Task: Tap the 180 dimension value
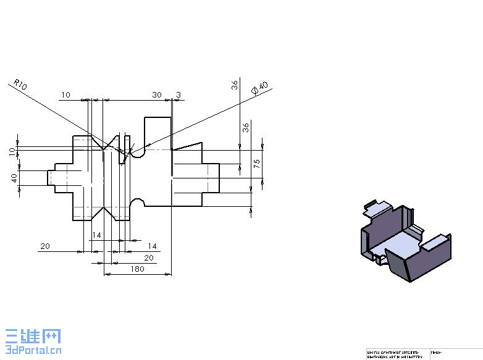tap(137, 269)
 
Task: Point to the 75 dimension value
tap(256, 164)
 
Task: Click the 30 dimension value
tap(157, 94)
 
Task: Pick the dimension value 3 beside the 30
tap(178, 94)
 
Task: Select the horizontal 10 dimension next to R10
tap(65, 94)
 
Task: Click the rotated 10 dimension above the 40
tap(12, 151)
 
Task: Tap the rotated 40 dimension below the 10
tap(14, 177)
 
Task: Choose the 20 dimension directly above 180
tap(148, 257)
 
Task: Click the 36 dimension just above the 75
tap(245, 128)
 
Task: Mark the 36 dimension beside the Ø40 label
tap(235, 85)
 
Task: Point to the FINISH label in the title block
tap(437, 352)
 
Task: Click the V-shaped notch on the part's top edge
tap(111, 141)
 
